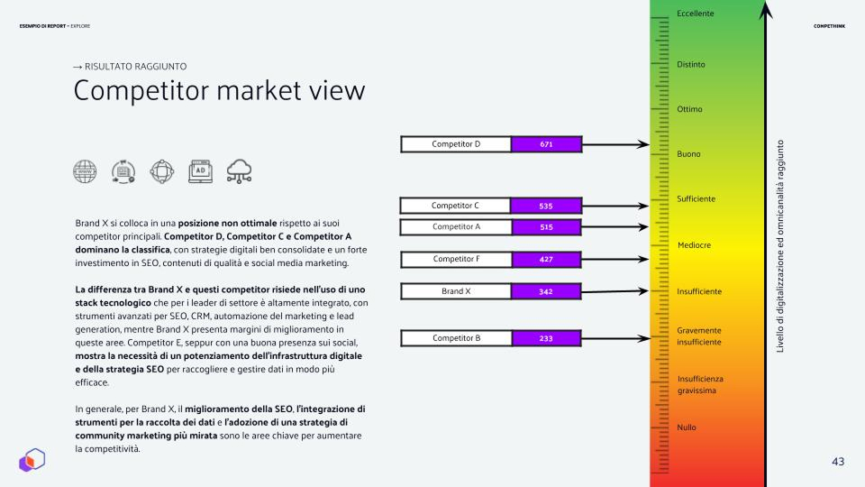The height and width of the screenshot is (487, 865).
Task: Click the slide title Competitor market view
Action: coord(219,90)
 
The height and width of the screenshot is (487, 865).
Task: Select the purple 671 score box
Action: coord(546,144)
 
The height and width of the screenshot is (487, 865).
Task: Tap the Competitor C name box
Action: coord(455,206)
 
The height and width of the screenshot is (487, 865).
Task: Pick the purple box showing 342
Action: coord(546,291)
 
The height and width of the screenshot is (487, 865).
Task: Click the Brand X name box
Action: coord(456,291)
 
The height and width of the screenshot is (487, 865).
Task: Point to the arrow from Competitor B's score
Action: coord(615,338)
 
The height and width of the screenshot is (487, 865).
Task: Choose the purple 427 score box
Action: coord(546,260)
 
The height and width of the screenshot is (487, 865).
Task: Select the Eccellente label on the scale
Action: coord(695,14)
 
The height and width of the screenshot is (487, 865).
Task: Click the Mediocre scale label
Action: coord(694,245)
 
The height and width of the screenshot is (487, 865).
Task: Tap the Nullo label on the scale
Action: coord(687,427)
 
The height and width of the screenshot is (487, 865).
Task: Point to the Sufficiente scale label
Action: coord(696,198)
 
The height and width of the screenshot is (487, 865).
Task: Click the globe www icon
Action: coord(85,171)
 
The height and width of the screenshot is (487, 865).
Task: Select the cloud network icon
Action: coord(239,171)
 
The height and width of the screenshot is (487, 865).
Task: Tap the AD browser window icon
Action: coord(200,171)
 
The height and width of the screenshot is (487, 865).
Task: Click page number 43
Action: coord(838,462)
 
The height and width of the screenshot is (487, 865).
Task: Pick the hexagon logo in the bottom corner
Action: coord(32,460)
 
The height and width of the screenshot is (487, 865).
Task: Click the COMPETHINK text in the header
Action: coord(829,26)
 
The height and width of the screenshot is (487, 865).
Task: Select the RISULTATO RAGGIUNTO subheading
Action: coord(130,66)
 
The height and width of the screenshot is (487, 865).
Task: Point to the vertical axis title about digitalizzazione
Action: coord(779,246)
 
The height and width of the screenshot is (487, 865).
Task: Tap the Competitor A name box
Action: coord(456,227)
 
